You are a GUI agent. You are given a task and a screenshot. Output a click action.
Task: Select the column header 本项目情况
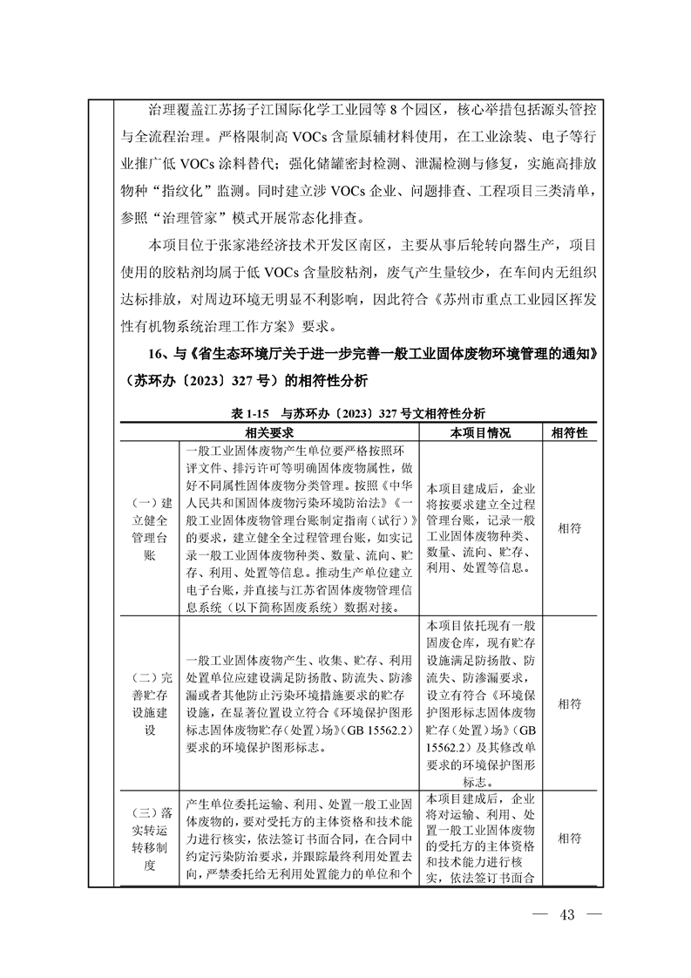pyautogui.click(x=480, y=433)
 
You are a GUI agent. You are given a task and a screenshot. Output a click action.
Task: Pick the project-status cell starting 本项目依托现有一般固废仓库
pyautogui.click(x=480, y=703)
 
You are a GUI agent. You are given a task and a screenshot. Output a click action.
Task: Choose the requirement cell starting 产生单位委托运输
pyautogui.click(x=298, y=839)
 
